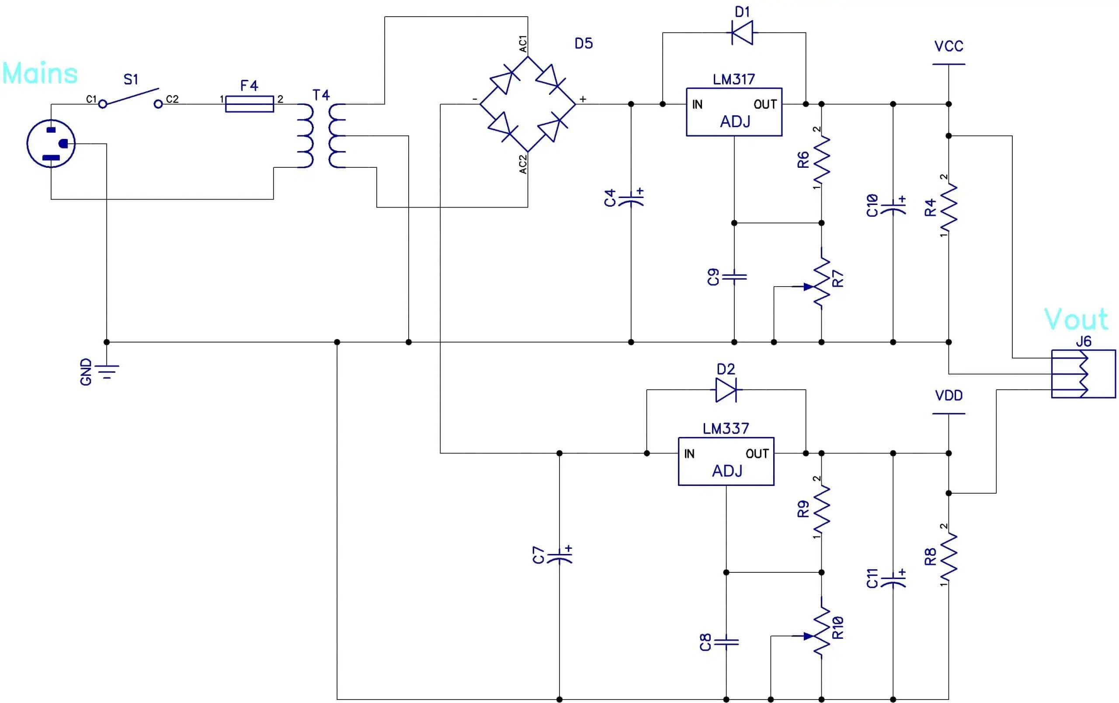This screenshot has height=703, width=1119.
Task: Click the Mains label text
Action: tap(40, 73)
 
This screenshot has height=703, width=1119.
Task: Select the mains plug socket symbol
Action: tap(51, 144)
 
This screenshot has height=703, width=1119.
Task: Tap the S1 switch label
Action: tap(131, 80)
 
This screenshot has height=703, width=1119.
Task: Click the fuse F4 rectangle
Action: tap(249, 104)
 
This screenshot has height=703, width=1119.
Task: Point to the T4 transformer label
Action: tap(321, 95)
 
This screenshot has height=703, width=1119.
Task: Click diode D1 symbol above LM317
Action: tap(742, 32)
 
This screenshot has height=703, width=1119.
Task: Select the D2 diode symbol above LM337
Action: tap(726, 390)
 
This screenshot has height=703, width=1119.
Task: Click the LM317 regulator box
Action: tap(734, 112)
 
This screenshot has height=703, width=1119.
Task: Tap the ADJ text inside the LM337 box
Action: tap(727, 471)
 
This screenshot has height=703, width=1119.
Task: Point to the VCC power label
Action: tap(949, 46)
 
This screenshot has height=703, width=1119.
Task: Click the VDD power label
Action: tap(949, 396)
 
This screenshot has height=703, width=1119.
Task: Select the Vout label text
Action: tap(1076, 320)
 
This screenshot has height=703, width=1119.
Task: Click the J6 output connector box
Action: tap(1083, 374)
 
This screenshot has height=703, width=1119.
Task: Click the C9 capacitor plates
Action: tap(734, 277)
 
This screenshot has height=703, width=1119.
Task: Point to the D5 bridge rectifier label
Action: tap(583, 44)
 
